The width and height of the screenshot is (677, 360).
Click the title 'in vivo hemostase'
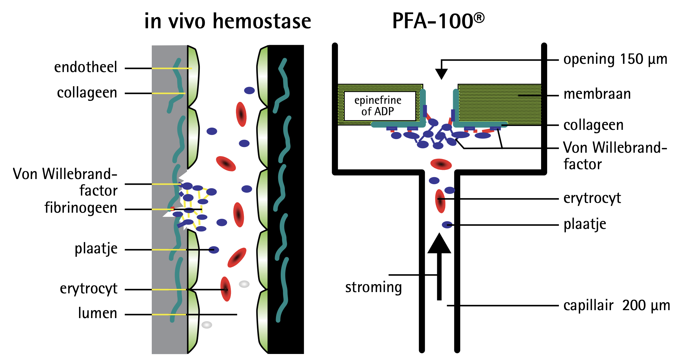click(227, 21)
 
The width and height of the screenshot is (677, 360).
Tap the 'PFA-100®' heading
click(438, 21)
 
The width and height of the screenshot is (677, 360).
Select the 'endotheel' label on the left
click(85, 67)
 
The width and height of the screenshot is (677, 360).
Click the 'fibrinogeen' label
click(81, 208)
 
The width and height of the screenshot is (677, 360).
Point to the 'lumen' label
click(97, 313)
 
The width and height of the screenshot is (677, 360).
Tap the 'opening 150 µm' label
click(615, 60)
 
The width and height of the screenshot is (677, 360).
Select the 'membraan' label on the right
click(597, 94)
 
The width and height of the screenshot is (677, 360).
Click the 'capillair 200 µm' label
click(616, 306)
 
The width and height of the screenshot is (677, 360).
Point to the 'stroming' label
click(373, 287)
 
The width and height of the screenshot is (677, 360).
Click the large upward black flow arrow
click(439, 267)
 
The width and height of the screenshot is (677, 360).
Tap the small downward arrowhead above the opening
click(441, 74)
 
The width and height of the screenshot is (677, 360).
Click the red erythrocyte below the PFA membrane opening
click(441, 164)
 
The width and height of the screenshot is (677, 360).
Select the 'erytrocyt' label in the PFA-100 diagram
click(592, 198)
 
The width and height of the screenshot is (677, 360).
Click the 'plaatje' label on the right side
click(585, 224)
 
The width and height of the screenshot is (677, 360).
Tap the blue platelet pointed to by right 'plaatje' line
click(447, 225)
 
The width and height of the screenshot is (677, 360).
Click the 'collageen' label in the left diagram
click(87, 93)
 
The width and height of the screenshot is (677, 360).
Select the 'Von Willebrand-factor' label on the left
click(65, 182)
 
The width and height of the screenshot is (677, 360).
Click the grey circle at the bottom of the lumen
click(207, 325)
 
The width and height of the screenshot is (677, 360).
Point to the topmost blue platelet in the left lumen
click(249, 90)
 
